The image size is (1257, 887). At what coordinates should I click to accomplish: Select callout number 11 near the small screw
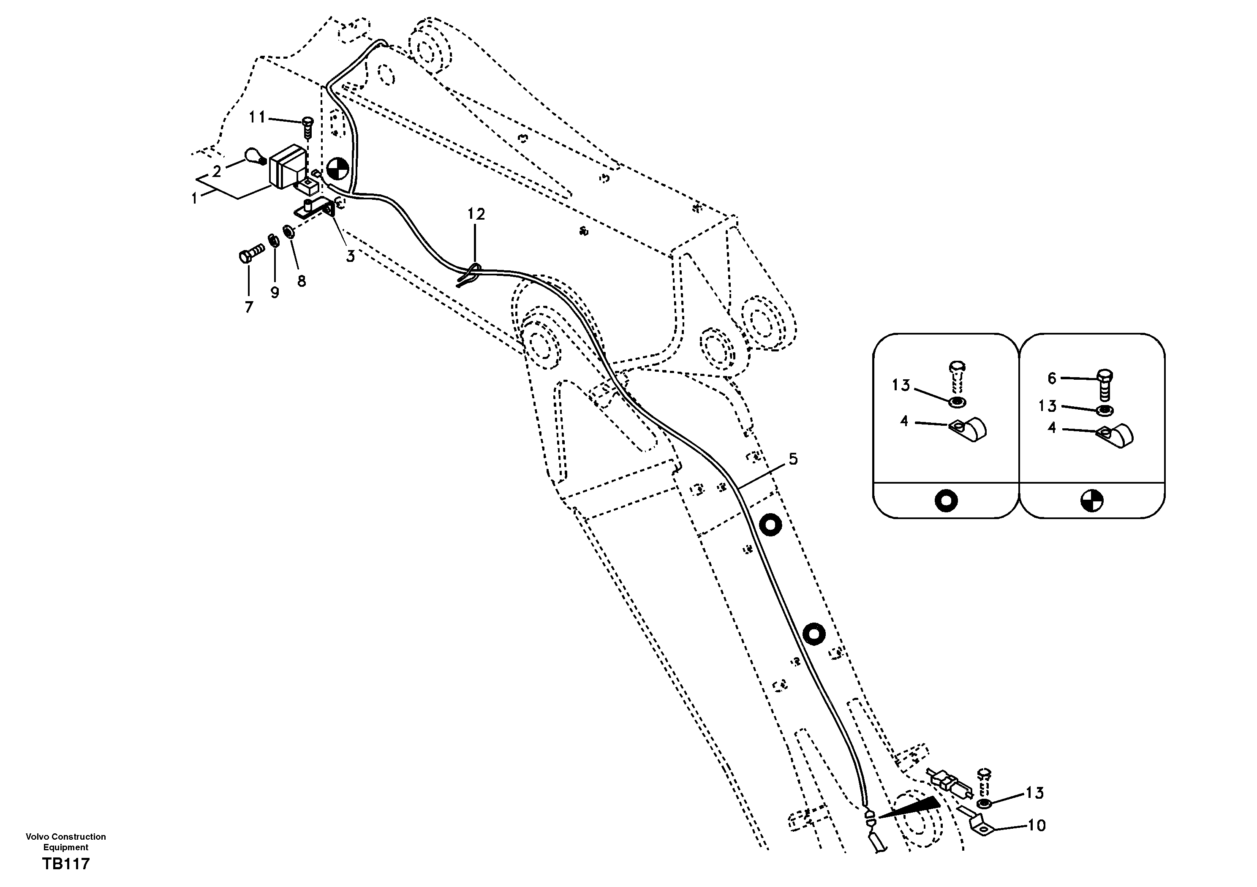[x=257, y=117]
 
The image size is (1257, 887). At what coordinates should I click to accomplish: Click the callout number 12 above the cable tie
[x=476, y=215]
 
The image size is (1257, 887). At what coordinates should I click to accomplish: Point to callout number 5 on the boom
[x=793, y=459]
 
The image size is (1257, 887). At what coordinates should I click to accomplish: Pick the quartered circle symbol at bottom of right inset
[x=1092, y=501]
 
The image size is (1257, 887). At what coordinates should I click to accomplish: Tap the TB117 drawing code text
[x=66, y=864]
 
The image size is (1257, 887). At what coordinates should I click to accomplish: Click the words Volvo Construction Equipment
[x=66, y=841]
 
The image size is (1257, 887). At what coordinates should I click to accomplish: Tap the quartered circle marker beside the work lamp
[x=337, y=169]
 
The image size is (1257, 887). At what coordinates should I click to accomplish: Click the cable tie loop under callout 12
[x=469, y=275]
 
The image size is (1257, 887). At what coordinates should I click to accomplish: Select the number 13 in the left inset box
[x=901, y=386]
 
